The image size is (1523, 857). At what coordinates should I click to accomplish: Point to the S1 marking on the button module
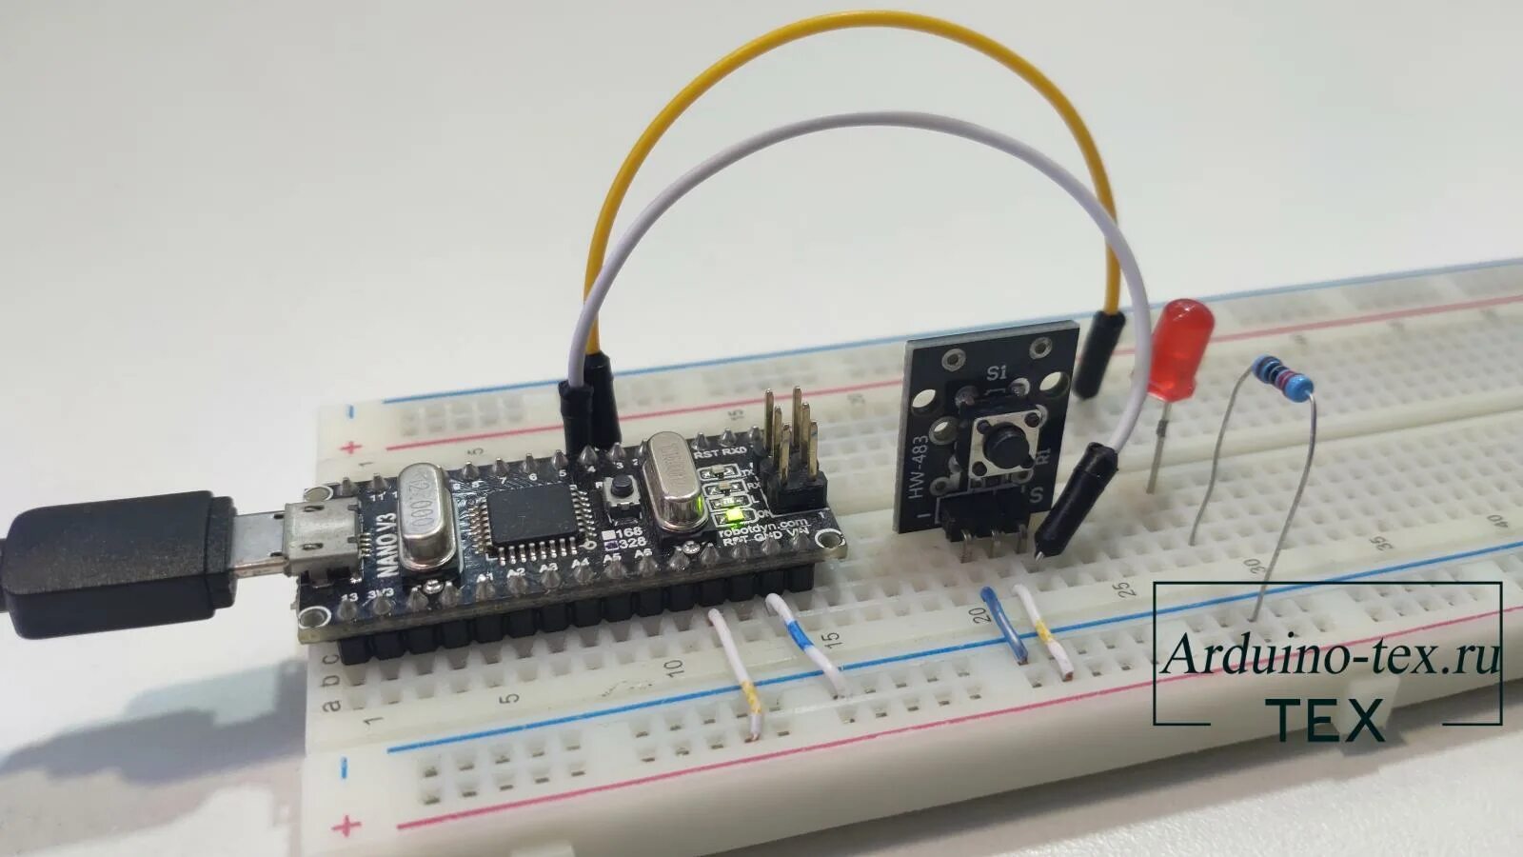[x=997, y=370]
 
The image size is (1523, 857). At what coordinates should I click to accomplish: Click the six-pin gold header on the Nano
[x=795, y=448]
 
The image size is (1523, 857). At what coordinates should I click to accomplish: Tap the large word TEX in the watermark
[x=1330, y=721]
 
